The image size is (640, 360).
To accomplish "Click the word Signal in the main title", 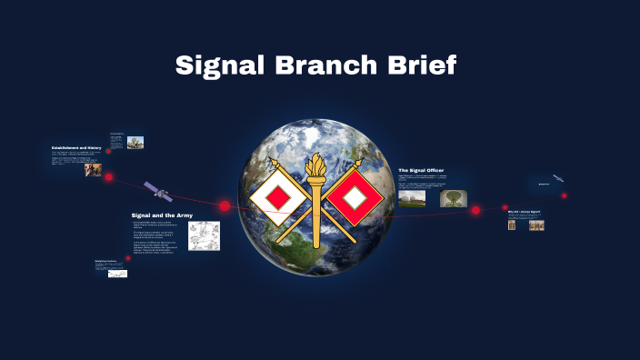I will pyautogui.click(x=216, y=65).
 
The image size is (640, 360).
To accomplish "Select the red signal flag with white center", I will pyautogui.click(x=351, y=197).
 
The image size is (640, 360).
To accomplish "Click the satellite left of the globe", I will pyautogui.click(x=156, y=191).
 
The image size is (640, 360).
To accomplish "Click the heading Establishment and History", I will pyautogui.click(x=76, y=147).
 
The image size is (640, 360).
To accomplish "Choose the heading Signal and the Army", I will pyautogui.click(x=162, y=215).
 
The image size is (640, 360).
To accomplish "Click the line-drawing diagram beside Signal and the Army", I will pyautogui.click(x=204, y=235).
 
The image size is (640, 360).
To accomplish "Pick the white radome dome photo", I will pyautogui.click(x=411, y=198).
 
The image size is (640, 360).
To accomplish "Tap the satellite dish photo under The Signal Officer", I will pyautogui.click(x=452, y=198).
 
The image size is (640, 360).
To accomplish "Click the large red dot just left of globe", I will pyautogui.click(x=225, y=206).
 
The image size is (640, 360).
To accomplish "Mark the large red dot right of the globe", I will pyautogui.click(x=475, y=210).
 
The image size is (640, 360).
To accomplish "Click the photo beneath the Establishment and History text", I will pyautogui.click(x=93, y=169).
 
